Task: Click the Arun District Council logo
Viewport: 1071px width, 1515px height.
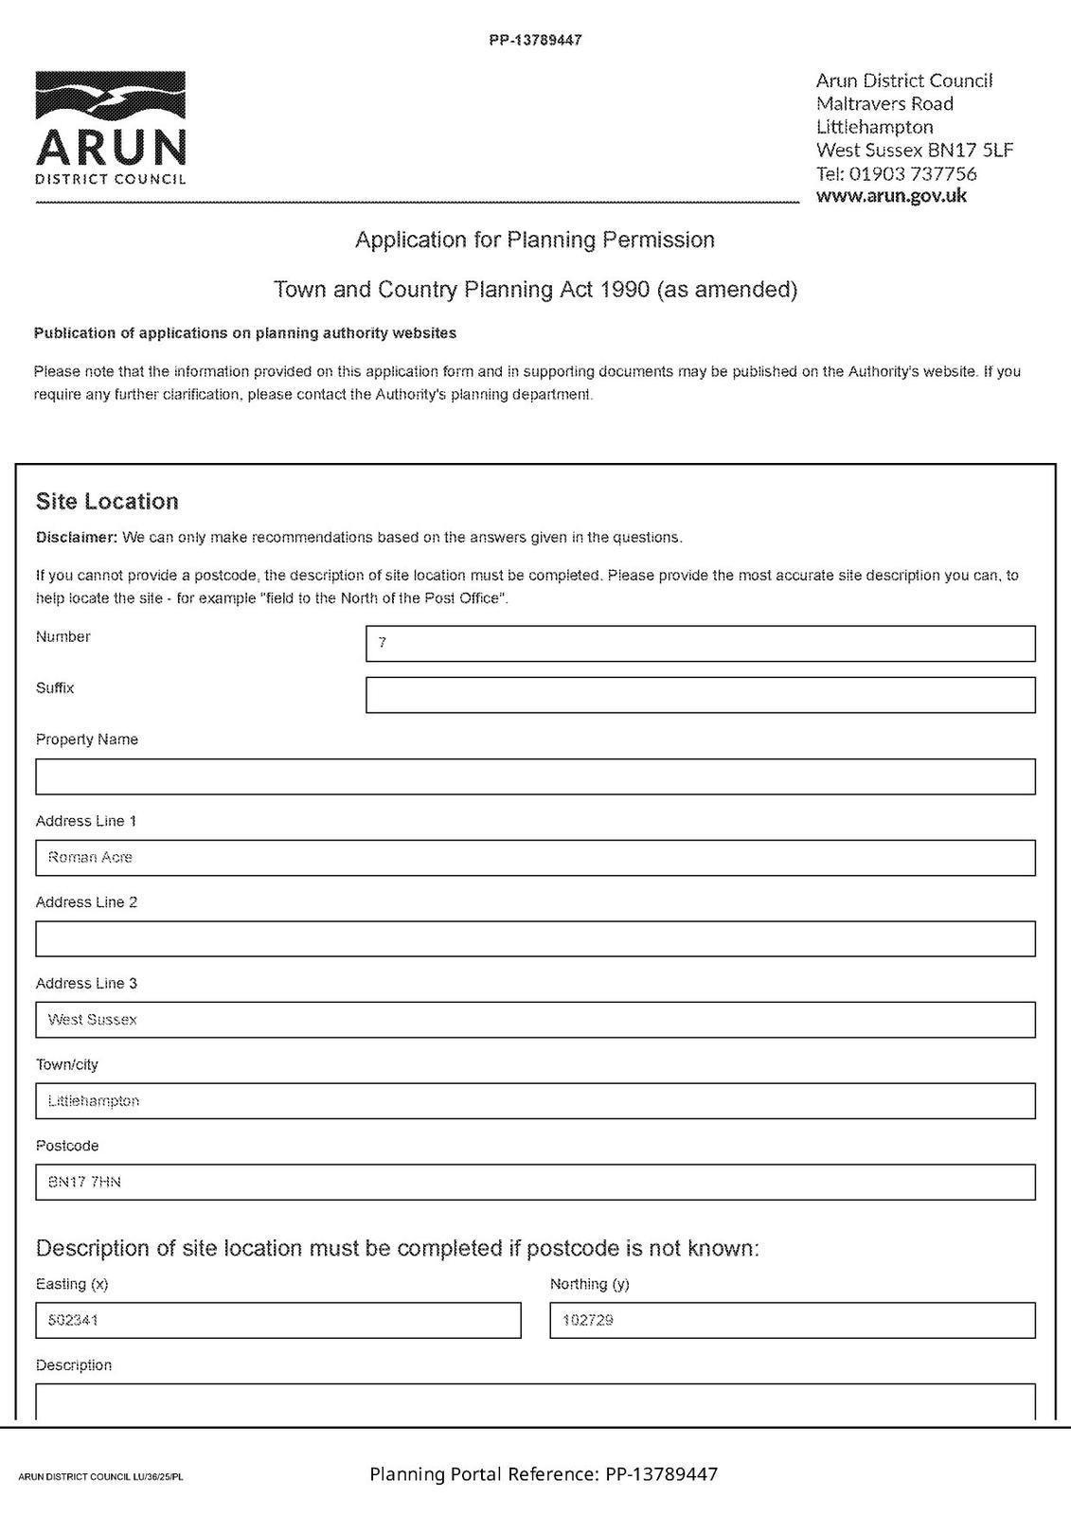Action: [111, 128]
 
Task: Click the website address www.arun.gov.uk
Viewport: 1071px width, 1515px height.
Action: [891, 196]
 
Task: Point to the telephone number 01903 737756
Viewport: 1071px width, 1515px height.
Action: [912, 173]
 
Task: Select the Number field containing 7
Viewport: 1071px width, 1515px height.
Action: [700, 644]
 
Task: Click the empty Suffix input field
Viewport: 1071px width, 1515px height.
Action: [700, 695]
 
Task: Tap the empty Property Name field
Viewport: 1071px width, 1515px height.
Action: [535, 776]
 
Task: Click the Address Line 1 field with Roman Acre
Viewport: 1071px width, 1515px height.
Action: [535, 858]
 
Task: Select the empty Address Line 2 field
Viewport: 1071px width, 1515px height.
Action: [535, 938]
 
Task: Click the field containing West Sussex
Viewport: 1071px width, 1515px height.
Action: [535, 1020]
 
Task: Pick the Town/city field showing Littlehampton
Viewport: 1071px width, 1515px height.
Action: [535, 1101]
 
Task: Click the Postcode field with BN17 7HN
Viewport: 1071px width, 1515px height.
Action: [535, 1182]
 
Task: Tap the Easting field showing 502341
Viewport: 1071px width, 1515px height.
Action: [277, 1320]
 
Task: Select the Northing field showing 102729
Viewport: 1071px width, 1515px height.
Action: [792, 1320]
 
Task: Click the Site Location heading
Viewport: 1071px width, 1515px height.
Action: [107, 501]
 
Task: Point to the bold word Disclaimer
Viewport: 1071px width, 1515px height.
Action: [76, 538]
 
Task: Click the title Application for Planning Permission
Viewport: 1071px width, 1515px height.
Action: [534, 240]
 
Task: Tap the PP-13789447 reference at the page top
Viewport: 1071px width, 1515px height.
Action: [535, 41]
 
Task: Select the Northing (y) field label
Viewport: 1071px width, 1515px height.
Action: [589, 1284]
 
